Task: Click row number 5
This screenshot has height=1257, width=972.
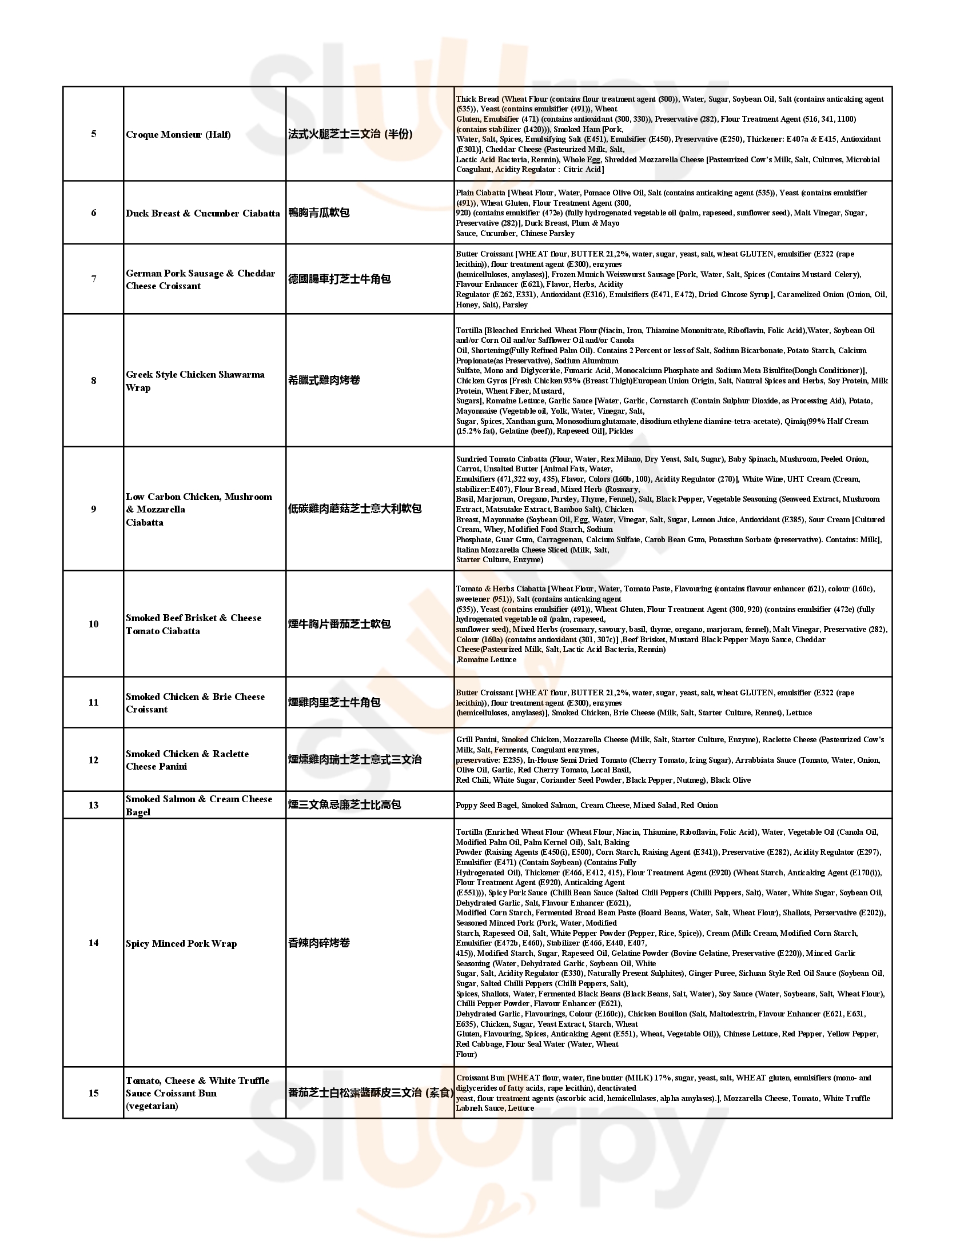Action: (93, 134)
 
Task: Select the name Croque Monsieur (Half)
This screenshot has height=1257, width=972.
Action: (178, 135)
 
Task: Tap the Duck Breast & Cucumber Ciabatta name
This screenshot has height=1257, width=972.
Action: (203, 214)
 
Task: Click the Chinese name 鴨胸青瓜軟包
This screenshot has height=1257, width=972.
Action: (318, 213)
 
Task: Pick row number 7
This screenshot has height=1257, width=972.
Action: (93, 279)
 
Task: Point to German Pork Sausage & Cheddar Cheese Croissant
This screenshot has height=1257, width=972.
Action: (200, 280)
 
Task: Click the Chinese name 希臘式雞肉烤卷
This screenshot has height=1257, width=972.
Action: (324, 381)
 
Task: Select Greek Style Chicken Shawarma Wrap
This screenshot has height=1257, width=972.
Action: (195, 381)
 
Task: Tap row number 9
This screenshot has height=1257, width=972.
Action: (93, 509)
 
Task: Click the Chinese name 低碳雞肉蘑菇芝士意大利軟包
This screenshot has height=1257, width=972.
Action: (354, 509)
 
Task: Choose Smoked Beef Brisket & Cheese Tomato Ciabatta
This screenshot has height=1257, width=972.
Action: (193, 625)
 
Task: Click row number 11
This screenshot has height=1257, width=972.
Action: (93, 702)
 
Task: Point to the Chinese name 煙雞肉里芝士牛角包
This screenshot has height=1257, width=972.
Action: (334, 702)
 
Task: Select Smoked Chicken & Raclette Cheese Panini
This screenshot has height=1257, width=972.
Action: (187, 760)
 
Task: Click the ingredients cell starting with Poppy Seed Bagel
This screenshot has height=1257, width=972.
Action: (587, 805)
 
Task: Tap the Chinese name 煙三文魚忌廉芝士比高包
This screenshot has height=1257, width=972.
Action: (344, 804)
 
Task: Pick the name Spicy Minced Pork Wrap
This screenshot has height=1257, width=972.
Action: (181, 943)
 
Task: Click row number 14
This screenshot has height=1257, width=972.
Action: (93, 943)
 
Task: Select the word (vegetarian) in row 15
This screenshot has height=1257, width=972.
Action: (152, 1106)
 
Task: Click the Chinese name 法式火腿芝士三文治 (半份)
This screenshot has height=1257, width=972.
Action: (350, 135)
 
